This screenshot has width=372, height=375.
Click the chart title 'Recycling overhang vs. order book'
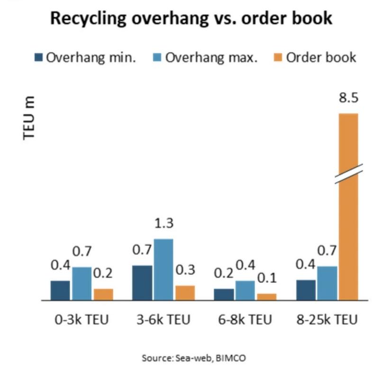[x=191, y=19]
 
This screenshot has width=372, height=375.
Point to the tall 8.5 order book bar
[x=348, y=228]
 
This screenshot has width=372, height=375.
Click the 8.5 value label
[x=348, y=99]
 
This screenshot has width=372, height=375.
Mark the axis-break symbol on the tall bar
[x=348, y=174]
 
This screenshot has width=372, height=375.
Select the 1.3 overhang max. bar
[x=163, y=269]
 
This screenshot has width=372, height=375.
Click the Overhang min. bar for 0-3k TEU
[x=60, y=290]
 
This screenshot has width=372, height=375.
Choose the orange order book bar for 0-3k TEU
[x=103, y=294]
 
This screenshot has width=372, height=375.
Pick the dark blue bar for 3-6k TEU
[x=142, y=282]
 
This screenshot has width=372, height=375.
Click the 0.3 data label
[x=185, y=270]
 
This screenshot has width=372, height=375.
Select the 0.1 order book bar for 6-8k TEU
[x=267, y=297]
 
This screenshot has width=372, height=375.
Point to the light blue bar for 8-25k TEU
[x=327, y=283]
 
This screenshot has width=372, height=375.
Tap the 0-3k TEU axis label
[x=82, y=320]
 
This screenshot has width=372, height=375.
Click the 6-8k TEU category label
[x=245, y=320]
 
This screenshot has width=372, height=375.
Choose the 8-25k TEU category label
[x=327, y=320]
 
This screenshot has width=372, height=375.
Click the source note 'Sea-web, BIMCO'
[x=194, y=358]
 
